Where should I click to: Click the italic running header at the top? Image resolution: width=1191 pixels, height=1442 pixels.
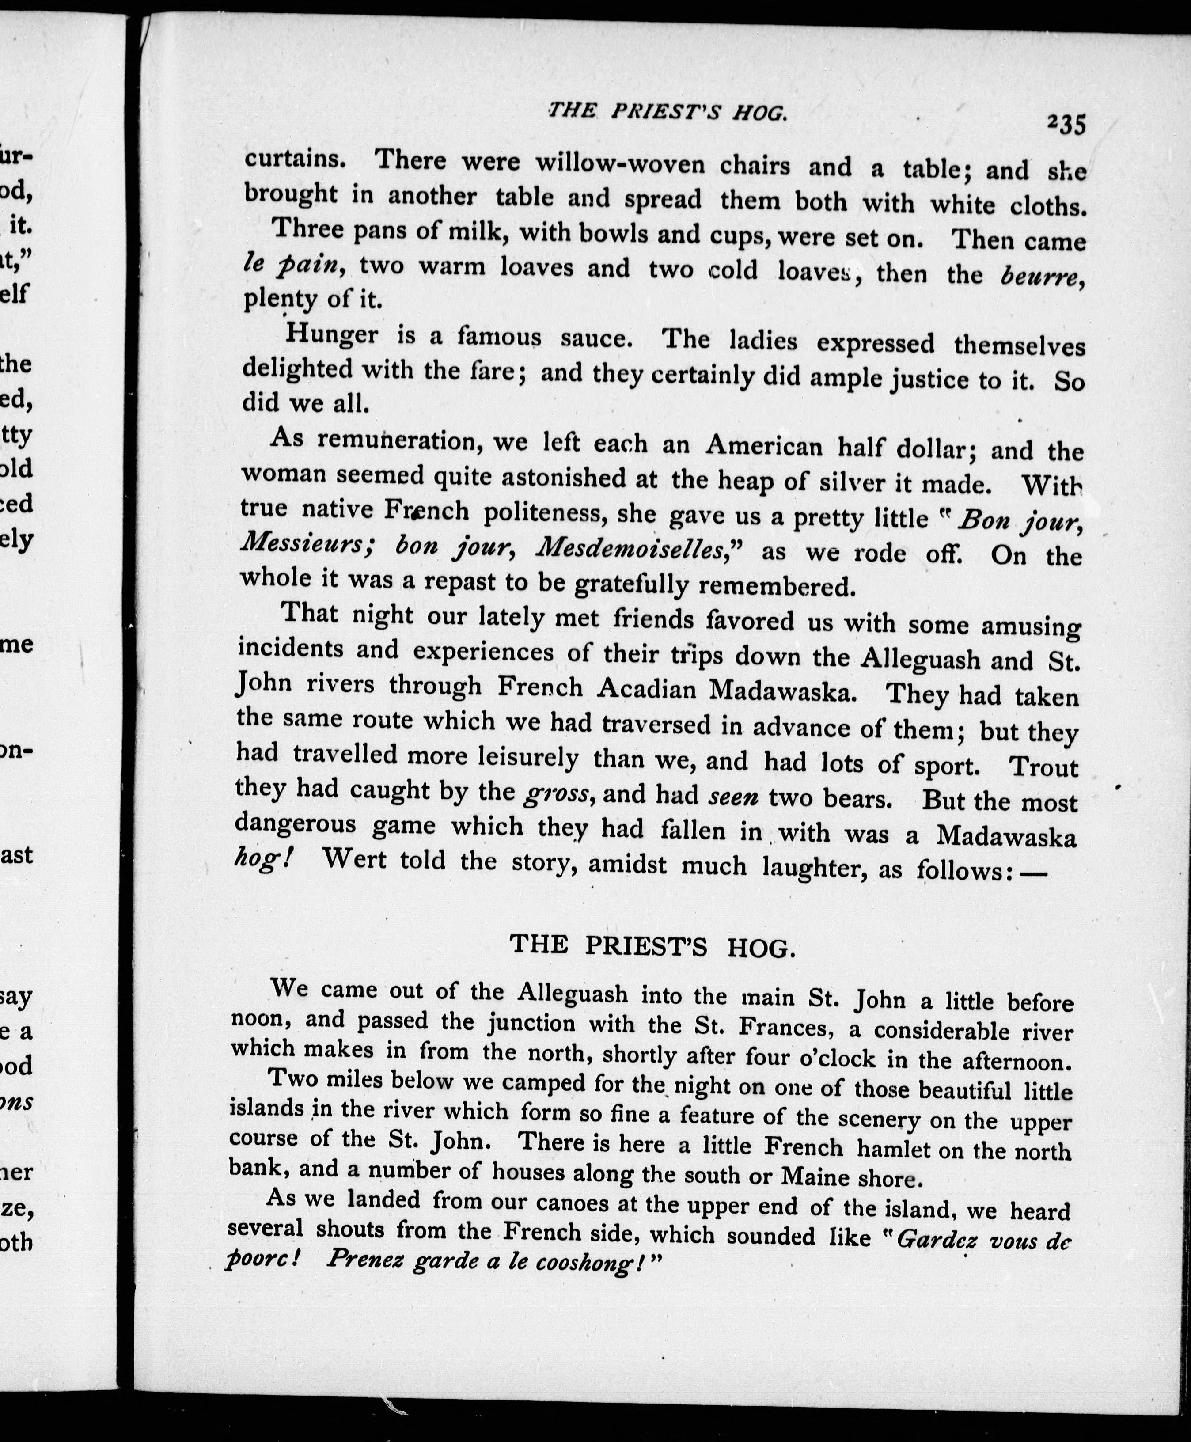(667, 112)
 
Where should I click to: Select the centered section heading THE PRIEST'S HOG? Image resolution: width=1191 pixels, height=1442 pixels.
(652, 947)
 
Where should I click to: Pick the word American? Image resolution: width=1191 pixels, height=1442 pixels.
(763, 447)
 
